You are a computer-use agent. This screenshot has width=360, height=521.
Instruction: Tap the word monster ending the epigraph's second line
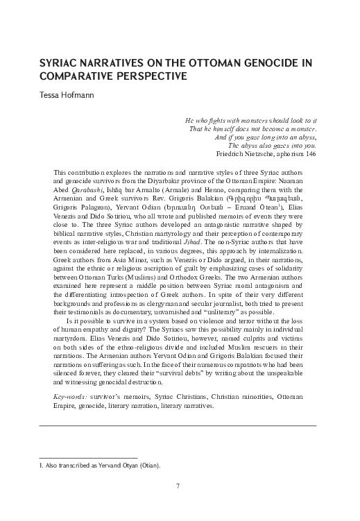(x=300, y=128)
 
